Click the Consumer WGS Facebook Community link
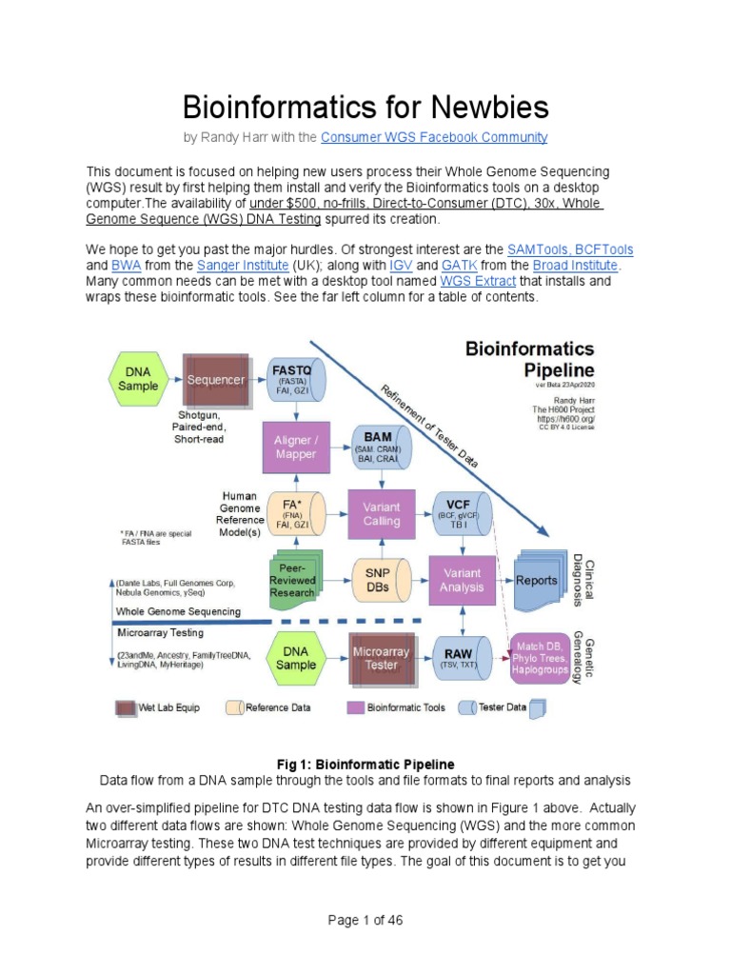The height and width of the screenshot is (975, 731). coord(434,137)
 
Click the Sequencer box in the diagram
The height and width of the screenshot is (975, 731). coord(215,380)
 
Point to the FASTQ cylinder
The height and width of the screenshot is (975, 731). coord(298,380)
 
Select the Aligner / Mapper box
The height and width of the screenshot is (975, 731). coord(296,448)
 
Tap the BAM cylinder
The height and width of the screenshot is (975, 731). coord(381,448)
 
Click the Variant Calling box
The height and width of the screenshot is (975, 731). coord(381,515)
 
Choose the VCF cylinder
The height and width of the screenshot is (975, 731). coord(461,515)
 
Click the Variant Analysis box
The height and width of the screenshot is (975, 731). coord(462,581)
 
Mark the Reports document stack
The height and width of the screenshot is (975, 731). coord(538,580)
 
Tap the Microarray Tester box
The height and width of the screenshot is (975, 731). coord(381,658)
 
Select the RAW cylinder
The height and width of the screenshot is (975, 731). coord(461,657)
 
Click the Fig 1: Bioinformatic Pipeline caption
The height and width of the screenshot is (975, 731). coord(365,764)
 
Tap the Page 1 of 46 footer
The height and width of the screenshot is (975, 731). coord(365,921)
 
